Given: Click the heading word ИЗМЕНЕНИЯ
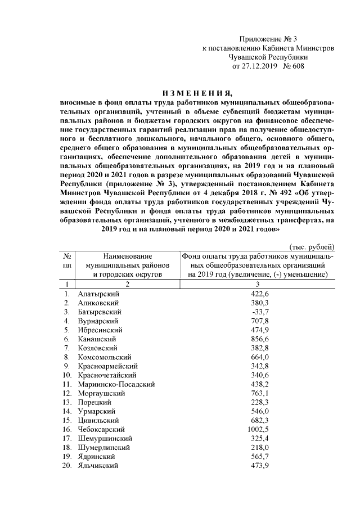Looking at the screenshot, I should click(x=197, y=93).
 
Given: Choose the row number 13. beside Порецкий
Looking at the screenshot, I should click(x=66, y=402).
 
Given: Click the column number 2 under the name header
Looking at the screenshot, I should click(x=127, y=284).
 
